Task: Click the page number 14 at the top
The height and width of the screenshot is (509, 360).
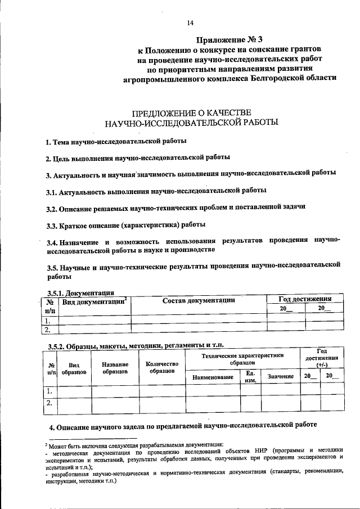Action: pyautogui.click(x=190, y=22)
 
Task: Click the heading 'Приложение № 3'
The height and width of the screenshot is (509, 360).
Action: pyautogui.click(x=229, y=40)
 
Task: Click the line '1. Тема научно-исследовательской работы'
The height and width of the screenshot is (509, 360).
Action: pyautogui.click(x=116, y=141)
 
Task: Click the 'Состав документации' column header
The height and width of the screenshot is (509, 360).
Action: pyautogui.click(x=199, y=301)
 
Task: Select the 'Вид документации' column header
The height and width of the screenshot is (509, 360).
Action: pyautogui.click(x=94, y=302)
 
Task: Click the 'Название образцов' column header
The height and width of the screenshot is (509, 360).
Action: pyautogui.click(x=115, y=368)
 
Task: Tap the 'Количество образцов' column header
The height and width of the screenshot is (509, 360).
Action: pyautogui.click(x=161, y=368)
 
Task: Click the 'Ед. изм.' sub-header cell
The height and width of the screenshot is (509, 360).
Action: pyautogui.click(x=250, y=376)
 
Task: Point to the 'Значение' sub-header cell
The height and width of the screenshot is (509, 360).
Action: pyautogui.click(x=280, y=376)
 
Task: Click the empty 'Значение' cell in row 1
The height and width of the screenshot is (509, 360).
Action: pyautogui.click(x=280, y=390)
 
